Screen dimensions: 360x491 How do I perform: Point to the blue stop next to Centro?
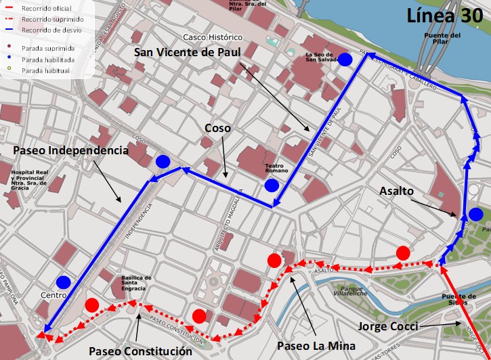[64, 282]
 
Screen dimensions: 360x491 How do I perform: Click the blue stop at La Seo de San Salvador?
[346, 60]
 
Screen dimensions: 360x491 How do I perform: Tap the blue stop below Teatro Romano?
[272, 185]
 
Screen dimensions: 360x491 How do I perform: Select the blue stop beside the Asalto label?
[476, 215]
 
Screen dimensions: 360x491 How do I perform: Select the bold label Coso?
[218, 128]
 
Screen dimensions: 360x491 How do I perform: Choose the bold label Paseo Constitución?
[140, 351]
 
